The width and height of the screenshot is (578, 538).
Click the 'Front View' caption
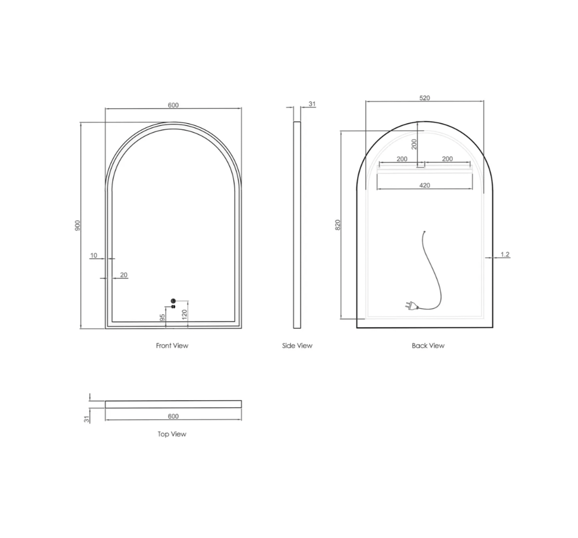tap(172, 346)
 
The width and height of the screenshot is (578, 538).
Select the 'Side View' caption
tap(297, 346)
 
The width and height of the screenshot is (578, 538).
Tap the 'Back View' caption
tap(428, 346)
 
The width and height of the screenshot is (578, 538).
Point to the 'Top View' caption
tap(172, 434)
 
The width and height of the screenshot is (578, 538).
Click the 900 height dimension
tap(77, 225)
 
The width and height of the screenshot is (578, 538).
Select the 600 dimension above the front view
tap(173, 105)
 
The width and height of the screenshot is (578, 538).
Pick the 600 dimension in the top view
tap(173, 416)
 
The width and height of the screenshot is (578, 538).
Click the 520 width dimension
tap(425, 98)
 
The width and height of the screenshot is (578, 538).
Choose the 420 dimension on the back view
tap(425, 185)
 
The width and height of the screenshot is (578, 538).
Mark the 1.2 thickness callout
tap(505, 254)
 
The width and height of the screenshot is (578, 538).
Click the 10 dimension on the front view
tap(94, 255)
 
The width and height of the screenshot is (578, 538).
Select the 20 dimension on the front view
tap(123, 275)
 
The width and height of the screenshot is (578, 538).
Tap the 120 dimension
tap(184, 314)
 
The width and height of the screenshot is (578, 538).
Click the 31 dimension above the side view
tap(312, 104)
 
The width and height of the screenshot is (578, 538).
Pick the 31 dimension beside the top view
tap(87, 419)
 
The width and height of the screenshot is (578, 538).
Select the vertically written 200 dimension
tap(414, 144)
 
